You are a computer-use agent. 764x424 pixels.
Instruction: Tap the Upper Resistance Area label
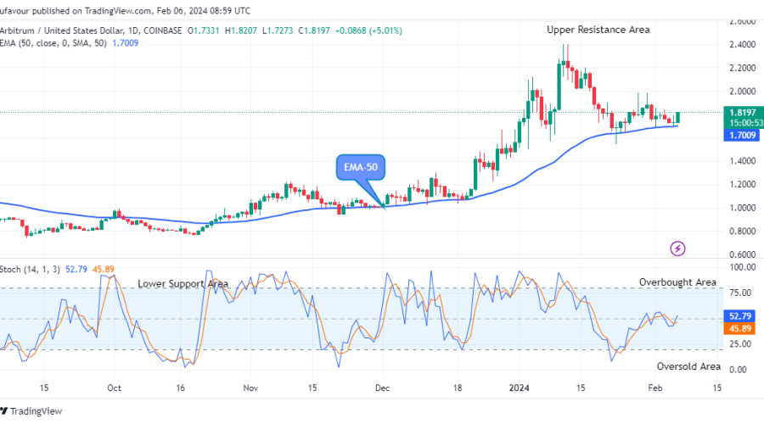click(598, 30)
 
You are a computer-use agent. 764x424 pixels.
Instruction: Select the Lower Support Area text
click(183, 284)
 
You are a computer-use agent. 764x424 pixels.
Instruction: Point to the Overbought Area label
click(677, 282)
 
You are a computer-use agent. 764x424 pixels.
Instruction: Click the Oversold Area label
click(688, 366)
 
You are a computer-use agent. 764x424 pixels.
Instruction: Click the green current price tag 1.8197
click(741, 111)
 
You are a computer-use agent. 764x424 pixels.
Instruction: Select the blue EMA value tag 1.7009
click(741, 135)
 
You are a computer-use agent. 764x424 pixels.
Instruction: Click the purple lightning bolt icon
click(677, 248)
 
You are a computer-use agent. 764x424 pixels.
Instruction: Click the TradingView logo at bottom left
click(34, 412)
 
